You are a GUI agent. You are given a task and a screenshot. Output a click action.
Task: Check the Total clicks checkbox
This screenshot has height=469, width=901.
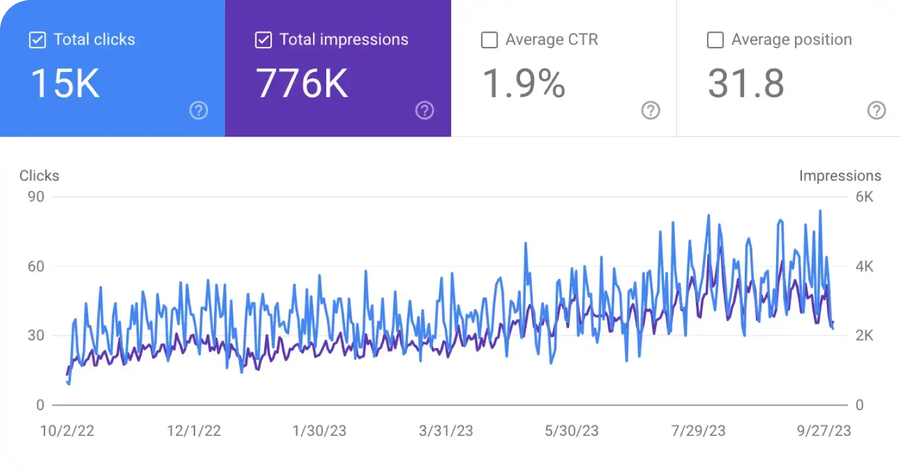[38, 40]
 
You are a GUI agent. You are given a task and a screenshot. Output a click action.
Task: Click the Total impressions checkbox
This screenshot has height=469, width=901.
[264, 40]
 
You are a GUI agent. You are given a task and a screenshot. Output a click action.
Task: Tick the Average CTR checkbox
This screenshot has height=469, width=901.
[489, 40]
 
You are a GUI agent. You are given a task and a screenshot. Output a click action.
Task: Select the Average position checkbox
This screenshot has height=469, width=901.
[715, 40]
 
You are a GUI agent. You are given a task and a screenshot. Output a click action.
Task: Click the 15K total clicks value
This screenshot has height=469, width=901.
[65, 84]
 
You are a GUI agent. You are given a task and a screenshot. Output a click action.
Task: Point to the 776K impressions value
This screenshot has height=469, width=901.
[302, 84]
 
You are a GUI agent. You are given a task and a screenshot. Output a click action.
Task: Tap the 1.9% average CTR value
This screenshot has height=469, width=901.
[523, 84]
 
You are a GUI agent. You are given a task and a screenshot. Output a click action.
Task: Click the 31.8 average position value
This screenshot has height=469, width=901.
[746, 84]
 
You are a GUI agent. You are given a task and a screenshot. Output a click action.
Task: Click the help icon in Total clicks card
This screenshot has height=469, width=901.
[199, 111]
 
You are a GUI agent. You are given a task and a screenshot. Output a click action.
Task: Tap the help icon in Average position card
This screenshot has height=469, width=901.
[877, 111]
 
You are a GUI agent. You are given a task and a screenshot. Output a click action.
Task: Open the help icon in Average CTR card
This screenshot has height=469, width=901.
[651, 111]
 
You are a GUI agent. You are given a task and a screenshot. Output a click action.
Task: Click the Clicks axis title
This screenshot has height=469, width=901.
[40, 176]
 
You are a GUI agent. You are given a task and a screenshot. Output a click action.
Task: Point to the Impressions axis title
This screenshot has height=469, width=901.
[840, 176]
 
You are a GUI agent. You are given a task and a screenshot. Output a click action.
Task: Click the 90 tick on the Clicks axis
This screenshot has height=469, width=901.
[36, 197]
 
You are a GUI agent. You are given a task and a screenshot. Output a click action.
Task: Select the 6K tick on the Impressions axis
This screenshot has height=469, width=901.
[865, 197]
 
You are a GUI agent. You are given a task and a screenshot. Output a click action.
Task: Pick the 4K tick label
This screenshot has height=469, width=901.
[865, 266]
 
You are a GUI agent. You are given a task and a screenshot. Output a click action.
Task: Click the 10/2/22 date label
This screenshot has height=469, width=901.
[67, 431]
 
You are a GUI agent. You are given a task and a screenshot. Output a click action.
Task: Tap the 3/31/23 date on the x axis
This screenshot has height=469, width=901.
[445, 431]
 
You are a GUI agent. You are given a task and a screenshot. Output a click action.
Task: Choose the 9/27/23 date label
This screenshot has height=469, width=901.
[823, 431]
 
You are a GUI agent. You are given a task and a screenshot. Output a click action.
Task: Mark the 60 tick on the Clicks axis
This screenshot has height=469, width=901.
[36, 266]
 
